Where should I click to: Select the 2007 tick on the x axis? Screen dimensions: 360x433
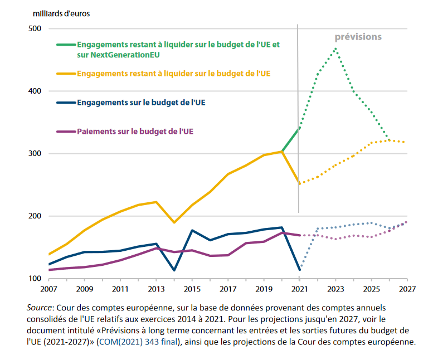49,290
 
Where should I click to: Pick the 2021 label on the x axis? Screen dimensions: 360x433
299,290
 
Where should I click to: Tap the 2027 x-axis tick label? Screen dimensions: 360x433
407,290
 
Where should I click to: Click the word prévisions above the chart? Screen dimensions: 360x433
358,37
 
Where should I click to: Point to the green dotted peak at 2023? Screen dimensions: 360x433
335,48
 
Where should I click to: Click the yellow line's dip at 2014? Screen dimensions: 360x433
174,222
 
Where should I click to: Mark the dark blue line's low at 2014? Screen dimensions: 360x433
174,270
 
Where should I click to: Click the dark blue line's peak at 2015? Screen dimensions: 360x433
192,230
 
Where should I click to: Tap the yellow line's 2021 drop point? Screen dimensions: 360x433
300,183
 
